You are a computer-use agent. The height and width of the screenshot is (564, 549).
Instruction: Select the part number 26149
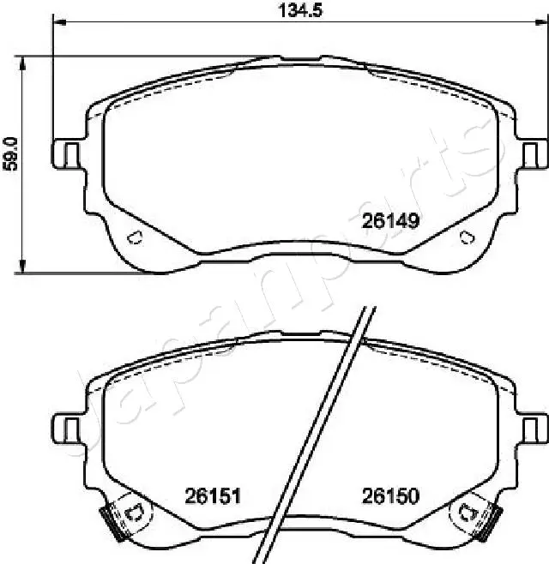(x=390, y=221)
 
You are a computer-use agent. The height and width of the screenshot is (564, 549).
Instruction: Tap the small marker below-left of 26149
(x=134, y=239)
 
